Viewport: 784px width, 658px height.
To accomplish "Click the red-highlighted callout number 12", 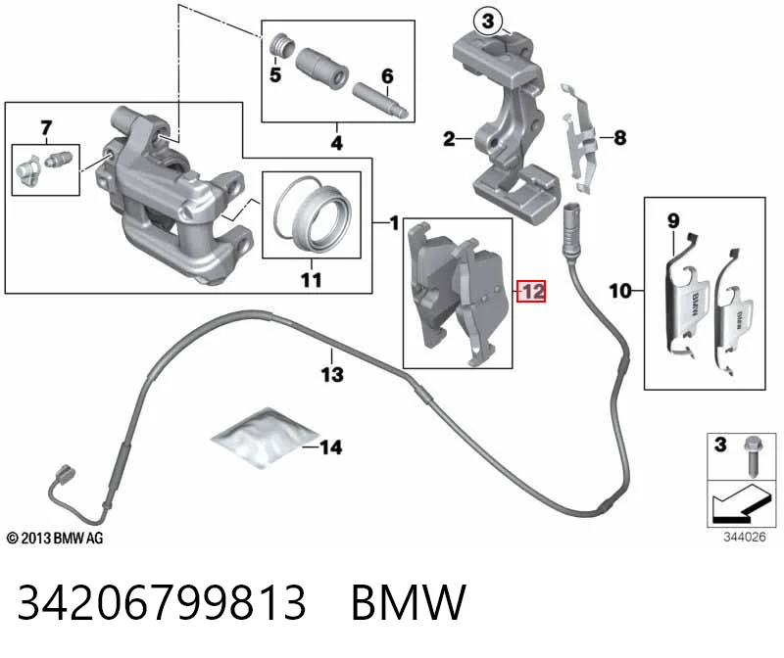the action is click(x=532, y=291).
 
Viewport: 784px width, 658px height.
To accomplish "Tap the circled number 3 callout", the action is click(x=488, y=22).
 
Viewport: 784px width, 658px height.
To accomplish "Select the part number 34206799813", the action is click(x=162, y=602).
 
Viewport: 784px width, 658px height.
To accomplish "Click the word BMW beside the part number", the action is click(x=409, y=602).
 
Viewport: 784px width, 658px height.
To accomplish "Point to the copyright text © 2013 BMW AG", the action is click(x=55, y=539).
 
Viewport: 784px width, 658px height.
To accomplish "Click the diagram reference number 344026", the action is click(x=745, y=537).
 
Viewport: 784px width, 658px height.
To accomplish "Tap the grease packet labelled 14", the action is click(x=264, y=438).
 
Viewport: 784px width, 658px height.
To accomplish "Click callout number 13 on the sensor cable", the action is click(x=332, y=374).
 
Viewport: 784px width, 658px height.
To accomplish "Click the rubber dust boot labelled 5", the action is click(x=280, y=46).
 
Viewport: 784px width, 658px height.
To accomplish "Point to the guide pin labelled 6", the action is click(x=381, y=101).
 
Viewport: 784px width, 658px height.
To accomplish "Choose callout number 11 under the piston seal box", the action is click(x=311, y=280).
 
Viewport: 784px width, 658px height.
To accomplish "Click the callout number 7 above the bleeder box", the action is click(x=46, y=128).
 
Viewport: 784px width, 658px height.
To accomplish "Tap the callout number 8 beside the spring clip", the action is click(x=620, y=137).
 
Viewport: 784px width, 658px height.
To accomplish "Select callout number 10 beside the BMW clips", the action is click(x=620, y=291).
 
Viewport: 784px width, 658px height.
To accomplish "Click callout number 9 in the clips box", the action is click(x=673, y=220).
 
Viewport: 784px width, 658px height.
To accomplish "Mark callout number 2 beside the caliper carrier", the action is click(x=449, y=138).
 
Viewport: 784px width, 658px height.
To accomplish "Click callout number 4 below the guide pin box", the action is click(x=336, y=143).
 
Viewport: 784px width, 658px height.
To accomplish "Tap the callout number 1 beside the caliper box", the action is click(x=395, y=223).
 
